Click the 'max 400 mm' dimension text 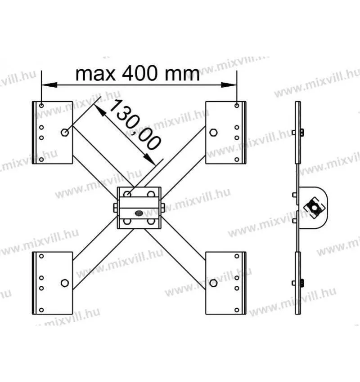[138, 74]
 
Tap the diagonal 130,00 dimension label [135, 124]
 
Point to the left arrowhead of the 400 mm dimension [49, 85]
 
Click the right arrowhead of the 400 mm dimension [229, 85]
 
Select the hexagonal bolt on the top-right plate [213, 133]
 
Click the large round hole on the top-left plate [65, 133]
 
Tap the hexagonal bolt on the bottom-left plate [65, 283]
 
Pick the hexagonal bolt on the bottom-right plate [213, 283]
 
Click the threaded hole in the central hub [139, 213]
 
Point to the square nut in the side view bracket [315, 208]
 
